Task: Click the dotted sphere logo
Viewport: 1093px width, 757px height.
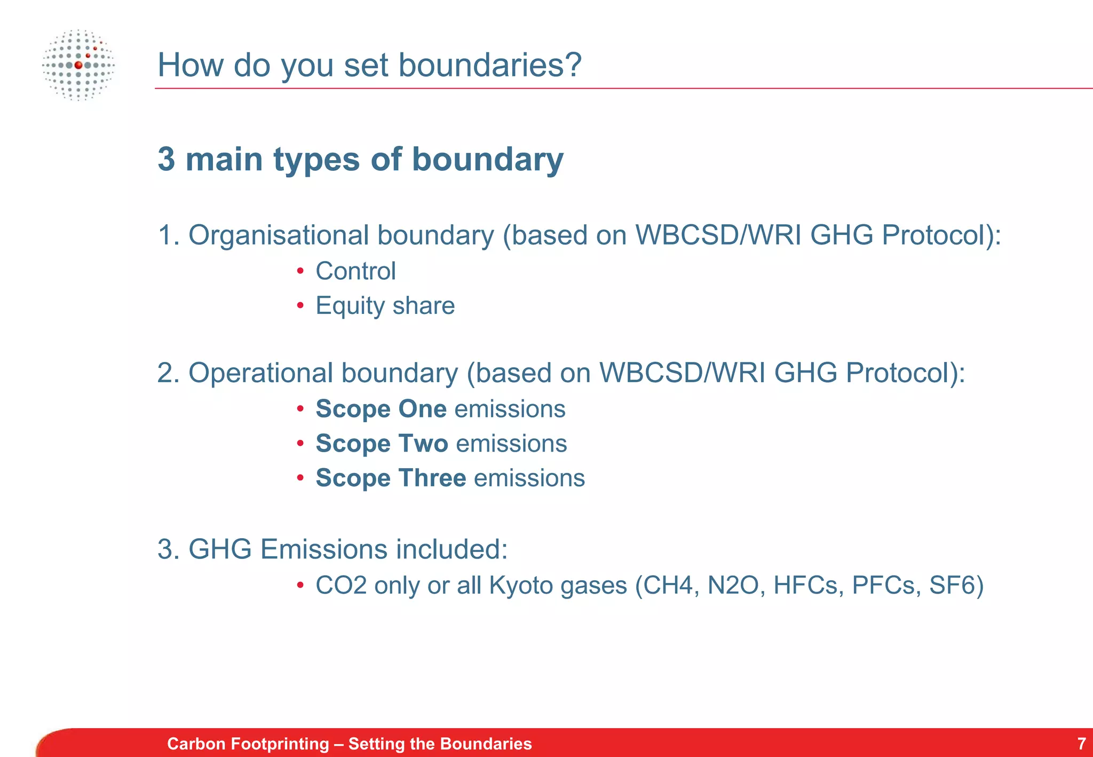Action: tap(78, 65)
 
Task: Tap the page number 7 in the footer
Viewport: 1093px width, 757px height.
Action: tap(1081, 743)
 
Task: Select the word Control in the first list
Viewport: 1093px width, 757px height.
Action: tap(355, 271)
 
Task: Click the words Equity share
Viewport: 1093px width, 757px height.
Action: tap(385, 306)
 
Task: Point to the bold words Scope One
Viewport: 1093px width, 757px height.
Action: tap(381, 409)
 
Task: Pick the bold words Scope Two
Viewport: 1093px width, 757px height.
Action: tap(382, 444)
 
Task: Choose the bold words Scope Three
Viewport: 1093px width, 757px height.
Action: tap(391, 478)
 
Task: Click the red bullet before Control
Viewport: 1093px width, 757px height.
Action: tap(300, 271)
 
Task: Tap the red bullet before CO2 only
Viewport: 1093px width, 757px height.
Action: tap(300, 586)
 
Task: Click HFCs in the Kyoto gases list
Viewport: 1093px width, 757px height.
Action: tap(808, 585)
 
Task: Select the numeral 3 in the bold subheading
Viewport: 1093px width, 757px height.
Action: tap(167, 160)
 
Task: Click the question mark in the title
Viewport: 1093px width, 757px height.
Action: tap(572, 65)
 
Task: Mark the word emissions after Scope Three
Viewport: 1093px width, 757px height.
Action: tap(529, 478)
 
